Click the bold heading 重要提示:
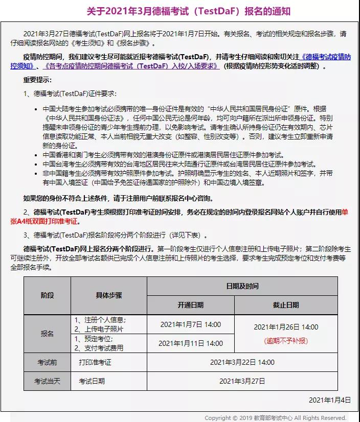tap(37, 80)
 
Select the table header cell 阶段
tap(47, 295)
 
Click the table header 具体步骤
tap(108, 295)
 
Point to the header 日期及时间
tap(242, 286)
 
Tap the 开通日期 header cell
tap(190, 304)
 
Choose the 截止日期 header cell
tap(286, 304)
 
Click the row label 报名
tap(47, 333)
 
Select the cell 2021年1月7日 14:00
tap(190, 324)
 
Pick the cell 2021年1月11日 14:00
tap(190, 343)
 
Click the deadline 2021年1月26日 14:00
tap(286, 327)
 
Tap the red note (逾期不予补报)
tap(286, 340)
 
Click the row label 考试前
tap(47, 362)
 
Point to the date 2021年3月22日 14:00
tap(242, 362)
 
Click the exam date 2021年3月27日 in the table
tap(242, 381)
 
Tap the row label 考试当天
tap(47, 381)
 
